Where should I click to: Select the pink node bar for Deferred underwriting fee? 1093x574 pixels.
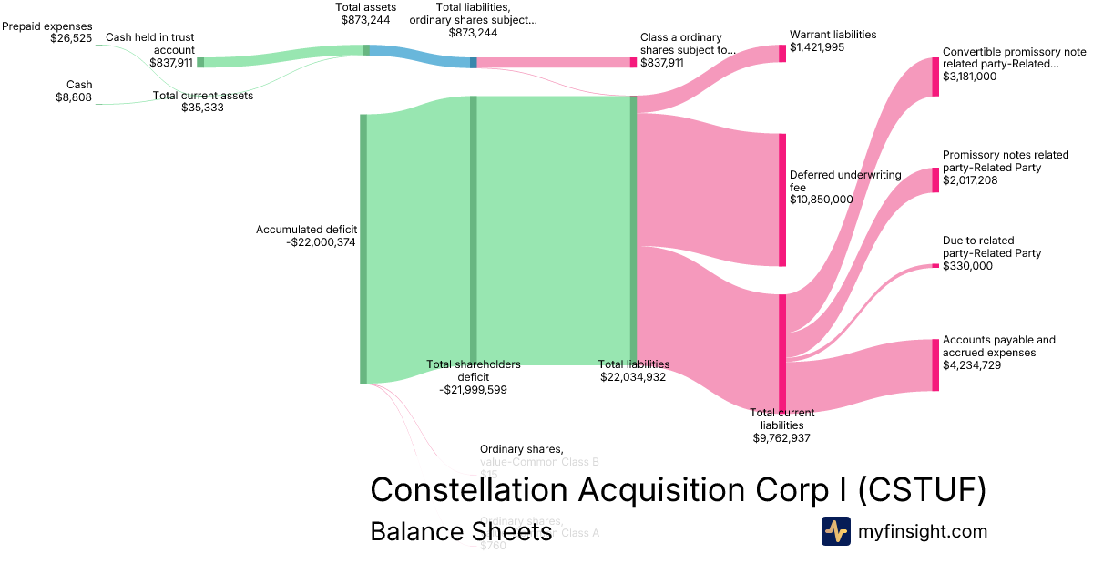click(781, 200)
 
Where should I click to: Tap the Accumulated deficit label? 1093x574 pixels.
click(306, 230)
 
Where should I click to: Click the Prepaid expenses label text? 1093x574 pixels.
click(46, 26)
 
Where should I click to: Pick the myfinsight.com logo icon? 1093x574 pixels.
click(835, 531)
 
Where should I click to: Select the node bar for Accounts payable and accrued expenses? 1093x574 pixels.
click(935, 364)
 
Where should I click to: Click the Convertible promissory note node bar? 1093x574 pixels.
click(935, 77)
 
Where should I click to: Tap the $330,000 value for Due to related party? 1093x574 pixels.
click(967, 266)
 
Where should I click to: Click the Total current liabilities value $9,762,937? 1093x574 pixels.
click(781, 437)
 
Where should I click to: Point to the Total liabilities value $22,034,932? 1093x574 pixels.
click(634, 376)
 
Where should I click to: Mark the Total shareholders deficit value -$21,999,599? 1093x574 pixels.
click(474, 389)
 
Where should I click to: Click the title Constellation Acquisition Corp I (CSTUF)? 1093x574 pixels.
click(678, 490)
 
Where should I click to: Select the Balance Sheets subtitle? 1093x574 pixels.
click(461, 531)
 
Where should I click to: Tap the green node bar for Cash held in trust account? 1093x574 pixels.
click(200, 62)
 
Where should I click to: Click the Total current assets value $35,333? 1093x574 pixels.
click(202, 108)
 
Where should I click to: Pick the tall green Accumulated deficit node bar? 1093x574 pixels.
click(363, 249)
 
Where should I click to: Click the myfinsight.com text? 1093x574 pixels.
click(922, 531)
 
